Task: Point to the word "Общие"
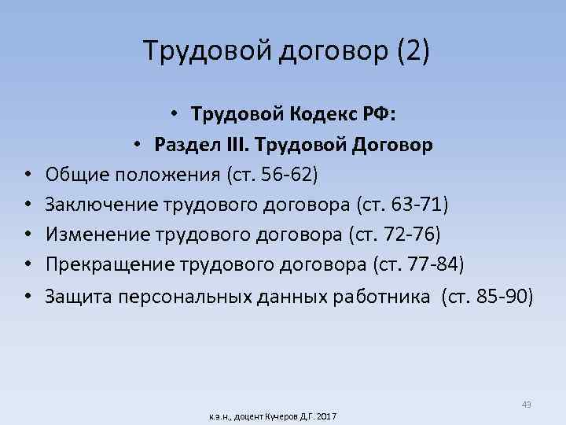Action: pyautogui.click(x=70, y=173)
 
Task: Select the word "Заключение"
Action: pyautogui.click(x=101, y=206)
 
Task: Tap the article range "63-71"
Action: pyautogui.click(x=415, y=206)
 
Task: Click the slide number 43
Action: pyautogui.click(x=526, y=405)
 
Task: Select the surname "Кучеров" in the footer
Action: pyautogui.click(x=279, y=415)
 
